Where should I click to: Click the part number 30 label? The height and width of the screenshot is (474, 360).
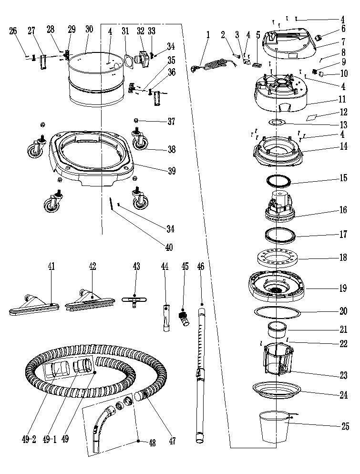pyautogui.click(x=89, y=29)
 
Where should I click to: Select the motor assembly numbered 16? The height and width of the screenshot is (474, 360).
pyautogui.click(x=279, y=206)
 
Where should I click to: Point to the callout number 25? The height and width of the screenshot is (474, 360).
pyautogui.click(x=345, y=427)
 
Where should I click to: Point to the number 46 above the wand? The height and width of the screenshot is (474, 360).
pyautogui.click(x=201, y=267)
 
